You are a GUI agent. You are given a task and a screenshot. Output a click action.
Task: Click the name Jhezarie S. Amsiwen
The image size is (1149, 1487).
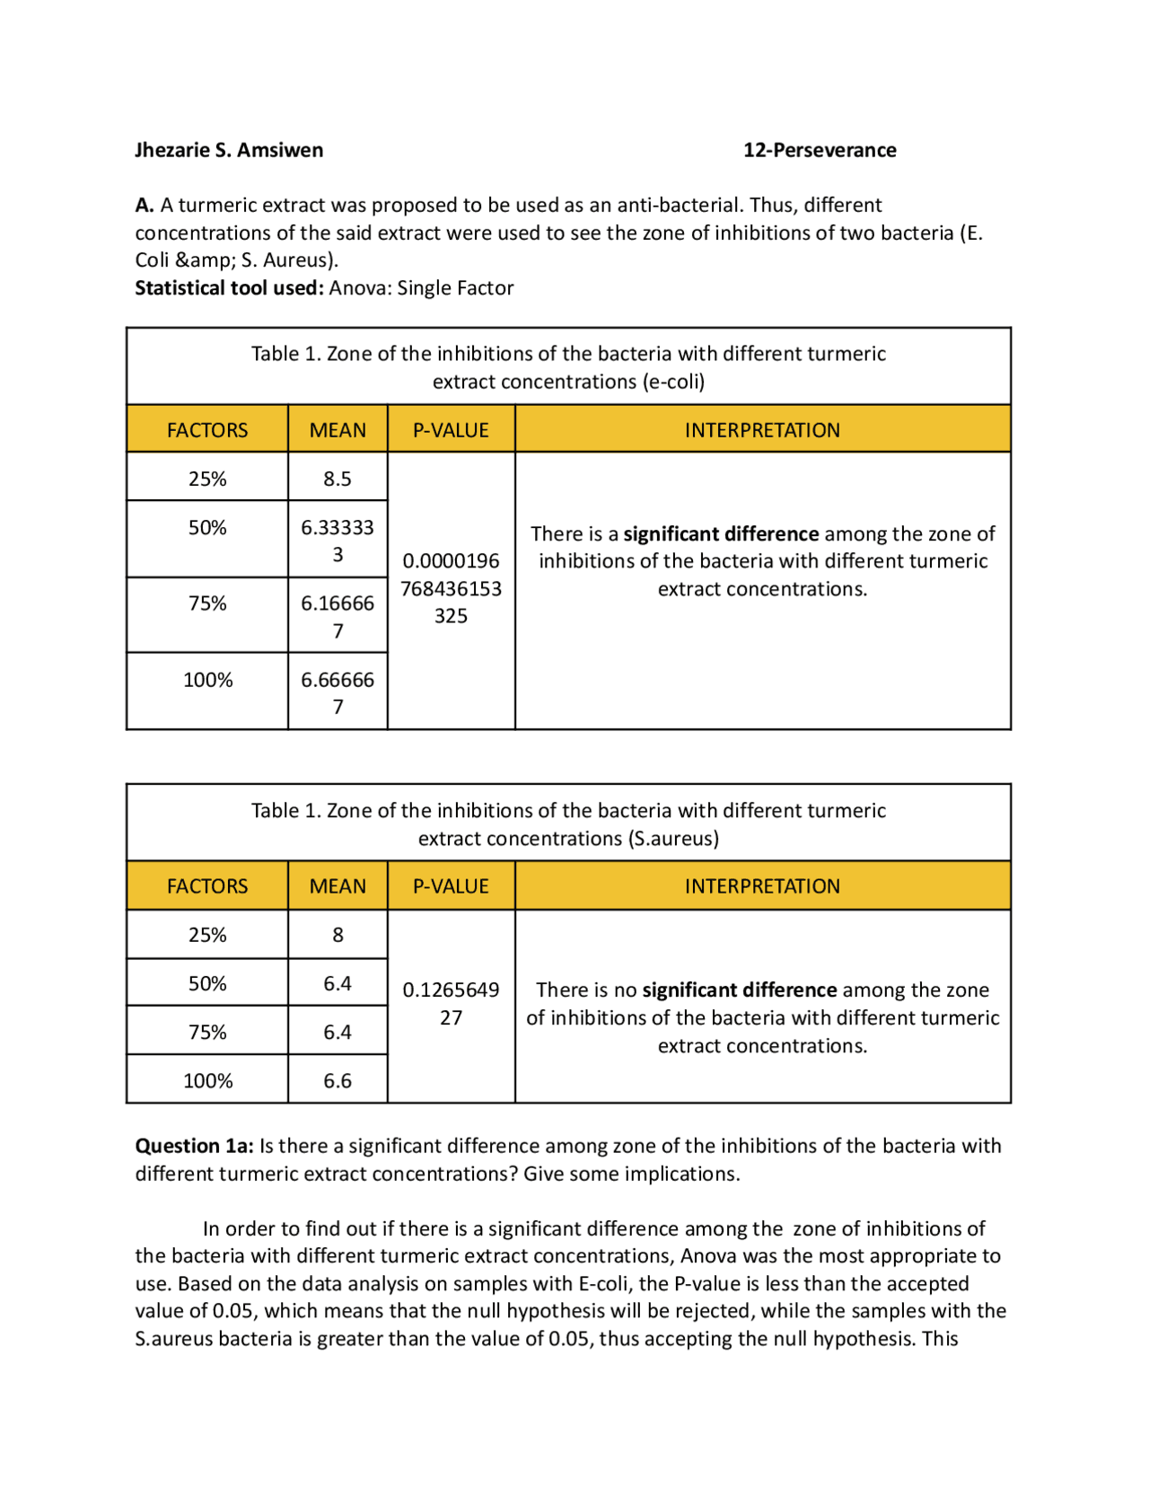(x=229, y=150)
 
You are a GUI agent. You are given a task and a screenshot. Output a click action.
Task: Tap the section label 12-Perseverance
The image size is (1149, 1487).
(x=819, y=150)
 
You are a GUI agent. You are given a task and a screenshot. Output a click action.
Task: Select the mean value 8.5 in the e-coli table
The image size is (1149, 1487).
(x=338, y=479)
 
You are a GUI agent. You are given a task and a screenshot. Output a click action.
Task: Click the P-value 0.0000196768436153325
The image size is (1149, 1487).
(x=451, y=588)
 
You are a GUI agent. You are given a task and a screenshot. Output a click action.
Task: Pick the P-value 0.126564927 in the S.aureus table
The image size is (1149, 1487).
(x=451, y=1003)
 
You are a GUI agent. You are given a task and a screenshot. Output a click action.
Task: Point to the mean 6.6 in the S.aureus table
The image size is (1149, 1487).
(x=338, y=1080)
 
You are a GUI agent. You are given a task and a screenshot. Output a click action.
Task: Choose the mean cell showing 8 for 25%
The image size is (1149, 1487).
(x=338, y=935)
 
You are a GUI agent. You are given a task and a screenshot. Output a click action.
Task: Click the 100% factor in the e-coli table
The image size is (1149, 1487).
(x=207, y=680)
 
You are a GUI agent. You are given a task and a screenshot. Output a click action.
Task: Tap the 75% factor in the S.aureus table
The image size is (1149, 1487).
(x=207, y=1032)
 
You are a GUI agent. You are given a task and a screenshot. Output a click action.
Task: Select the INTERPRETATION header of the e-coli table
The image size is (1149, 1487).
(x=762, y=430)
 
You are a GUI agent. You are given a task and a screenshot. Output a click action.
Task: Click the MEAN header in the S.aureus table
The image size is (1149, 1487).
(x=338, y=886)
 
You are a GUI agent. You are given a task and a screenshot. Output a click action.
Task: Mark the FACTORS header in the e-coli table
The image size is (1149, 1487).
(x=207, y=430)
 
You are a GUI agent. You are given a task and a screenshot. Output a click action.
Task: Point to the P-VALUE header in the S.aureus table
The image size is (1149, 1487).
(x=451, y=886)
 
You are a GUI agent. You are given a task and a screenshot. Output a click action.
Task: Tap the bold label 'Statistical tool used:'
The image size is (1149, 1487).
(x=229, y=288)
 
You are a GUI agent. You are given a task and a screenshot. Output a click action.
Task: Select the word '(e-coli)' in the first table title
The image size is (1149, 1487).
(x=673, y=382)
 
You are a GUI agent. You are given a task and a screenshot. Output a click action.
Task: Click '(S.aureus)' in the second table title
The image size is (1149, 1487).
(x=673, y=839)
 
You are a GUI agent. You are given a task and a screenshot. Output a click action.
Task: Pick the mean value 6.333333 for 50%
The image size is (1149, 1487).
(x=338, y=540)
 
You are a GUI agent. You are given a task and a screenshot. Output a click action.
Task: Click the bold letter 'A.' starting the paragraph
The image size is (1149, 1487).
(x=145, y=205)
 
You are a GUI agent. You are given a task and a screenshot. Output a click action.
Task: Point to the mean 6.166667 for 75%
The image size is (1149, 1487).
(x=338, y=616)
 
